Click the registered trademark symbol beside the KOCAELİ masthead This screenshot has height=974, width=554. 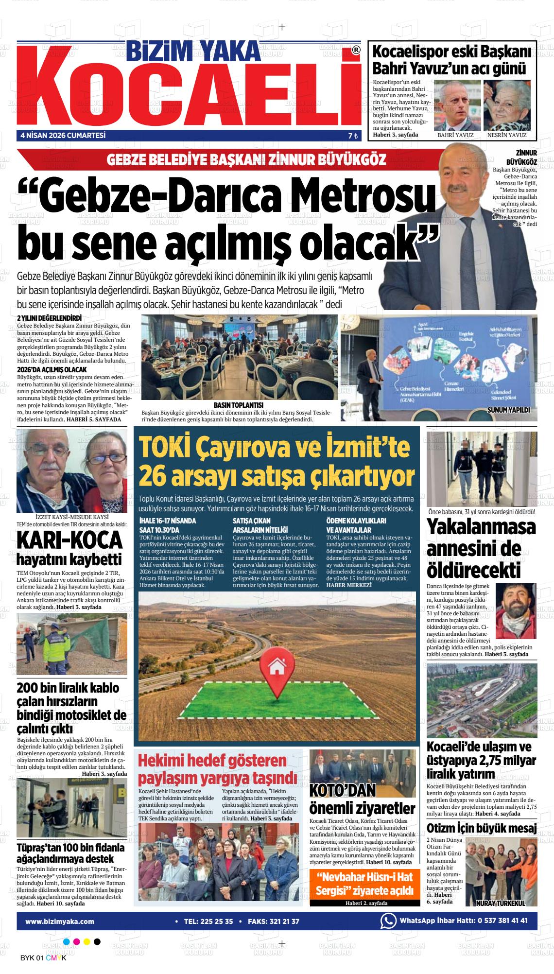356,50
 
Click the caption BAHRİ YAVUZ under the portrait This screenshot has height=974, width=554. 455,135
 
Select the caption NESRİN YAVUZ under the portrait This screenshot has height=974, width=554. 507,135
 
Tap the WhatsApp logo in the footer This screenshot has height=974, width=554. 388,921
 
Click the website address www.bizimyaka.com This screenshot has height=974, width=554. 60,921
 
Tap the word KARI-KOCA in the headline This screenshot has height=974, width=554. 69,539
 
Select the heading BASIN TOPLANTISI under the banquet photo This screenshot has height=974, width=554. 238,405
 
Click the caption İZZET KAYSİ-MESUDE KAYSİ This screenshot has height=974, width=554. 72,516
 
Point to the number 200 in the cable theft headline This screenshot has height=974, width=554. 30,688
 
